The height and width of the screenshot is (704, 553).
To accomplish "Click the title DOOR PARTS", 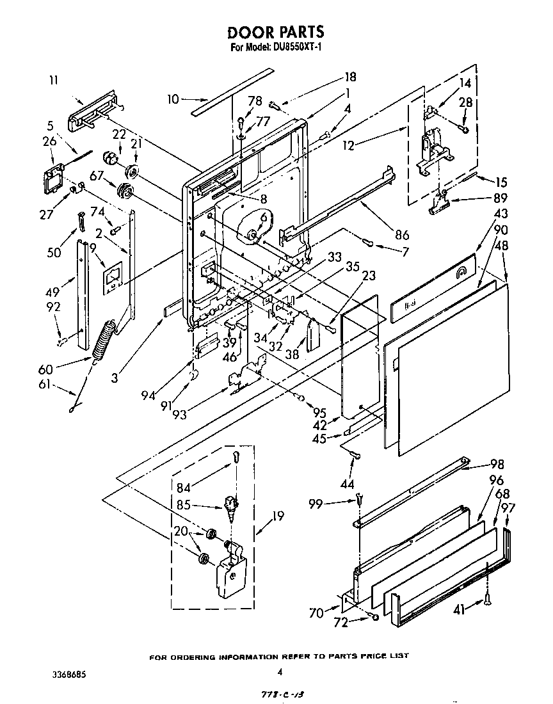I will (x=276, y=31).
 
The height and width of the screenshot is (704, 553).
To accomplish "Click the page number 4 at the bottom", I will (x=280, y=672).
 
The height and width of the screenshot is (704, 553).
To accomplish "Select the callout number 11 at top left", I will (x=53, y=80).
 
